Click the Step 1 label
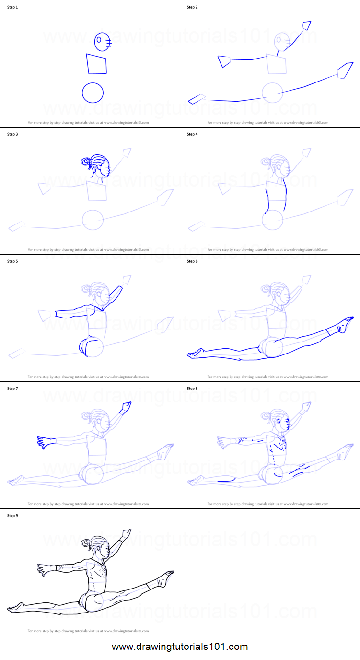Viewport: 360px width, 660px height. [12, 7]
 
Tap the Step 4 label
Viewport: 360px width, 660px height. [192, 134]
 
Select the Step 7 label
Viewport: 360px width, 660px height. [12, 389]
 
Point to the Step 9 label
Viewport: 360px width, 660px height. [12, 516]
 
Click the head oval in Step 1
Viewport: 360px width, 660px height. [102, 42]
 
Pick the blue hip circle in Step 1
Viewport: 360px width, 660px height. [93, 93]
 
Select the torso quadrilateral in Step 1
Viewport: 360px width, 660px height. [96, 64]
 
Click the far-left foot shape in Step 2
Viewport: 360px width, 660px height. [197, 99]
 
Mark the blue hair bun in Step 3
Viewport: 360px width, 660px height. [86, 162]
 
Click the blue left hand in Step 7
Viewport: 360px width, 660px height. [44, 442]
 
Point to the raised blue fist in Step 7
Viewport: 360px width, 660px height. [127, 407]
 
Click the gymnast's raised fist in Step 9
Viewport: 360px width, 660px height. [127, 533]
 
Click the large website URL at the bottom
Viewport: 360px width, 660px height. [180, 647]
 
